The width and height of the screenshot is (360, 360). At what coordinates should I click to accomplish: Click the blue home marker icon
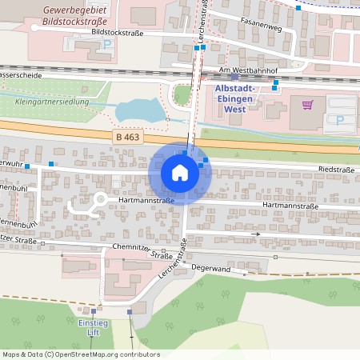pyautogui.click(x=180, y=172)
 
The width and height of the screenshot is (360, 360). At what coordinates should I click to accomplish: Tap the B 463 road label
pyautogui.click(x=128, y=138)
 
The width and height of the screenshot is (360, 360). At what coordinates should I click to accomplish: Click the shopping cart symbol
pyautogui.click(x=307, y=104)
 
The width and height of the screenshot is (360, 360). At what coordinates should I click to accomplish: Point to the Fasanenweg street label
pyautogui.click(x=260, y=26)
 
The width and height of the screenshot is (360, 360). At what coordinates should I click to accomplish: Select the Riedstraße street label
pyautogui.click(x=336, y=170)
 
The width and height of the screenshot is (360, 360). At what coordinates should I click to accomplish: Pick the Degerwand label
pyautogui.click(x=211, y=270)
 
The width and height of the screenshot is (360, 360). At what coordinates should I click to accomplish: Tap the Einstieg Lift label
pyautogui.click(x=93, y=327)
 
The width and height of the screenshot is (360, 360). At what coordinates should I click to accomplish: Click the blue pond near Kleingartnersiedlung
pyautogui.click(x=138, y=110)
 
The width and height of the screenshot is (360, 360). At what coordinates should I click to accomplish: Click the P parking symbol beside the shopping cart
pyautogui.click(x=339, y=120)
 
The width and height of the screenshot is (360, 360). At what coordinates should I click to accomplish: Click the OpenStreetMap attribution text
pyautogui.click(x=80, y=354)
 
